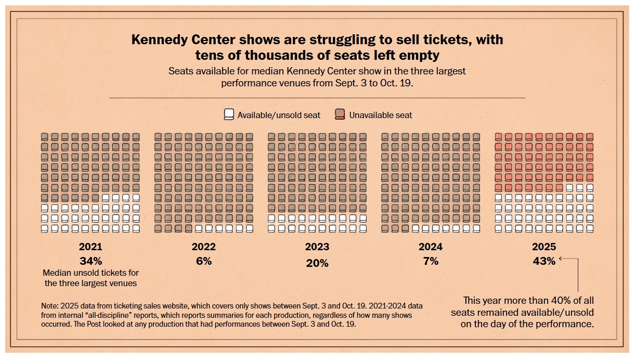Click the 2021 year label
(90, 247)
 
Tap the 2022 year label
(204, 247)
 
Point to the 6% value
(204, 261)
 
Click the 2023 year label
(317, 247)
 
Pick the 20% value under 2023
(317, 263)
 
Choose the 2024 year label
(431, 247)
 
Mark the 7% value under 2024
(431, 261)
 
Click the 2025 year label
(544, 247)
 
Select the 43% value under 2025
(544, 261)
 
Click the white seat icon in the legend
(229, 114)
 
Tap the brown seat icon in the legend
(340, 114)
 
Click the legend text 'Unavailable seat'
(381, 115)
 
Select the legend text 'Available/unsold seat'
(279, 115)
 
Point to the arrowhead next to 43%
(562, 259)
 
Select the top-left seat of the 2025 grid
(498, 137)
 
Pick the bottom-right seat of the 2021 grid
(136, 228)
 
